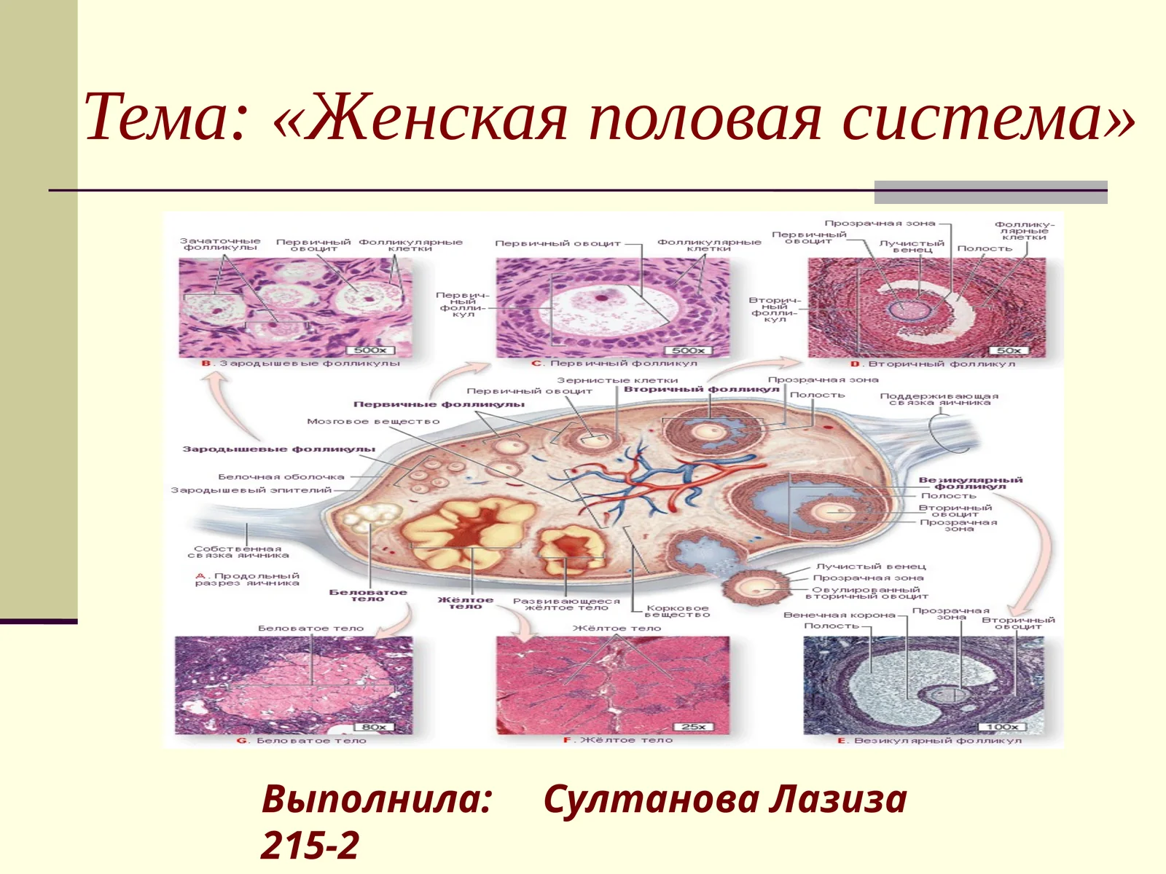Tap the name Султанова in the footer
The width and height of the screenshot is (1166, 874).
pos(645,799)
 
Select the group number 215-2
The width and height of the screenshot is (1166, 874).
pos(310,845)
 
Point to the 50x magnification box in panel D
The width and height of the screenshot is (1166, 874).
pos(1008,350)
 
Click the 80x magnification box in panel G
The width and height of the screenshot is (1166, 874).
pos(374,727)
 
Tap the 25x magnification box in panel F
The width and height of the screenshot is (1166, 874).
pos(693,727)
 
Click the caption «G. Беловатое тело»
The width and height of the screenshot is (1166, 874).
pos(302,741)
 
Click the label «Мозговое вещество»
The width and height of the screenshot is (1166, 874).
pos(373,421)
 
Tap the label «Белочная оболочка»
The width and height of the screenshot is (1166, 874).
pos(281,477)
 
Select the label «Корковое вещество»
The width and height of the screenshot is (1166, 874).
pos(677,611)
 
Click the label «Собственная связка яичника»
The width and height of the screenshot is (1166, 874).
pos(238,552)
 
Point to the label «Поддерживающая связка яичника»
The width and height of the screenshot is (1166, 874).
pos(939,399)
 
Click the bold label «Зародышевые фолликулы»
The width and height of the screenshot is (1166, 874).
pos(278,449)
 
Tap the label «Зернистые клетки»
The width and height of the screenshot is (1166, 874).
pos(617,380)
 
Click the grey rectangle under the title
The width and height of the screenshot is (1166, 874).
pos(990,192)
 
